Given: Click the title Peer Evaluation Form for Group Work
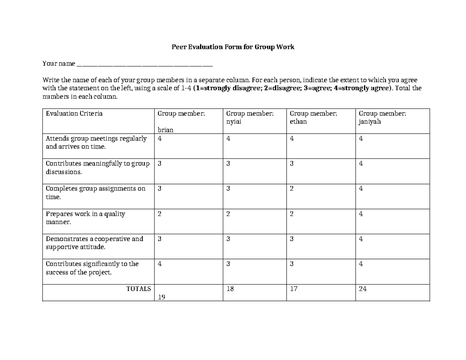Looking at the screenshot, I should point(233,47).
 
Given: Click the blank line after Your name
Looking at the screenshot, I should point(145,64).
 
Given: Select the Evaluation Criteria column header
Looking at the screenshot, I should point(74,113).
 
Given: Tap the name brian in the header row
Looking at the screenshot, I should point(165,130).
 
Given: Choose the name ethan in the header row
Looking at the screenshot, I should point(298,122).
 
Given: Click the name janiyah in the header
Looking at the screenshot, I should point(370,122).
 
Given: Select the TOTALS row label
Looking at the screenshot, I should point(139,289).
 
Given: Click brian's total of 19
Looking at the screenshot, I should point(162,297).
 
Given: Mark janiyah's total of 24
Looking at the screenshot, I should point(363,289).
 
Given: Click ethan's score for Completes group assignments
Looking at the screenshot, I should point(292,188).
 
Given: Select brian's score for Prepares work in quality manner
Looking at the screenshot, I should point(159,214).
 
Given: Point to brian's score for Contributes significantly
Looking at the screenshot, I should point(159,264).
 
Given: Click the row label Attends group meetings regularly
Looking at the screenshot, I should point(96,143).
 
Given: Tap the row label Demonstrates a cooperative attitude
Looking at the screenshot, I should point(94,243).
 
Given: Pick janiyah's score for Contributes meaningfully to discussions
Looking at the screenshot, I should point(361,163).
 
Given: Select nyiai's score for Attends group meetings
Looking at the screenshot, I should point(228,139).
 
